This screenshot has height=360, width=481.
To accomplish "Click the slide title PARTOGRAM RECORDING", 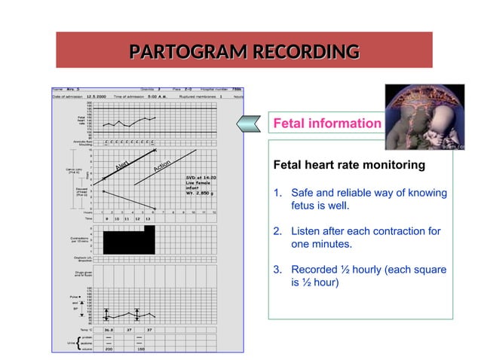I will pyautogui.click(x=244, y=52).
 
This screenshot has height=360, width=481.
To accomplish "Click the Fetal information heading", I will pyautogui.click(x=326, y=124).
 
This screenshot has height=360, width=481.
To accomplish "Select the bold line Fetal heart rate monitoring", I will pyautogui.click(x=348, y=164).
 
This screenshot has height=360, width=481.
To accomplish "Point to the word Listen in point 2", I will pyautogui.click(x=307, y=230).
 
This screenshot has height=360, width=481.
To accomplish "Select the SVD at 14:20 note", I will pyautogui.click(x=201, y=178).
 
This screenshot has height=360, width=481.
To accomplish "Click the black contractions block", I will pyautogui.click(x=129, y=242).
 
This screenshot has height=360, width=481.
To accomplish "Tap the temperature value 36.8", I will pyautogui.click(x=110, y=330).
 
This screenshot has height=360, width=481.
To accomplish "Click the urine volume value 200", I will pyautogui.click(x=109, y=349).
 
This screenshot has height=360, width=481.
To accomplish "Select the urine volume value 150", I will pyautogui.click(x=140, y=349).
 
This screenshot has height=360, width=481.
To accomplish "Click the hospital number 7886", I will pyautogui.click(x=237, y=88).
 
